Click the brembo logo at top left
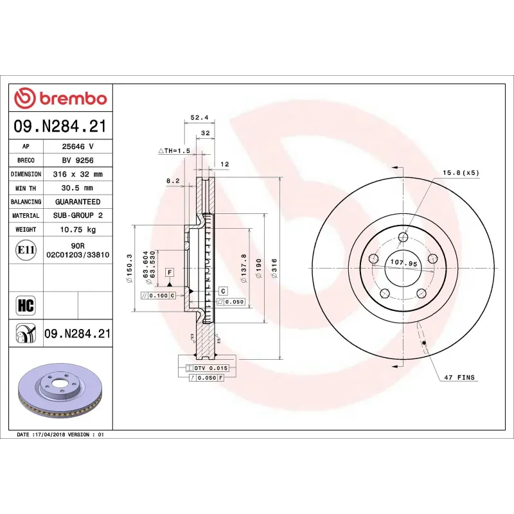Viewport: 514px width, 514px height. pyautogui.click(x=60, y=98)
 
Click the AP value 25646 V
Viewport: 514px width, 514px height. pyautogui.click(x=77, y=146)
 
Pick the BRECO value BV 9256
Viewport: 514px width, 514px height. pyautogui.click(x=77, y=160)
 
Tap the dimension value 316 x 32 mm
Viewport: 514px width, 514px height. pyautogui.click(x=77, y=174)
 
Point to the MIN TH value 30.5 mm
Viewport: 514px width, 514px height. pyautogui.click(x=77, y=188)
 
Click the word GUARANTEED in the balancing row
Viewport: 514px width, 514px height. pyautogui.click(x=77, y=202)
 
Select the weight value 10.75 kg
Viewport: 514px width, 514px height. pyautogui.click(x=77, y=229)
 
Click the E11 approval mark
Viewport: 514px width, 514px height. pyautogui.click(x=26, y=250)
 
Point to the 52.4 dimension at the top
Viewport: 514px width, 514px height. pyautogui.click(x=199, y=118)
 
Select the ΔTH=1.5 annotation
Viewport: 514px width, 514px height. pyautogui.click(x=175, y=150)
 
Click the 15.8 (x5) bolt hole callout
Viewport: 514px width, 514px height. pyautogui.click(x=461, y=173)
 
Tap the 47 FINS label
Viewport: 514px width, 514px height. pyautogui.click(x=459, y=377)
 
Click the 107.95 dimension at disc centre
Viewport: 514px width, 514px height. pyautogui.click(x=404, y=263)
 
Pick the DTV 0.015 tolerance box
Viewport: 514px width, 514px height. pyautogui.click(x=206, y=368)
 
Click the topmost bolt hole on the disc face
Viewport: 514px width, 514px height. pyautogui.click(x=403, y=238)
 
